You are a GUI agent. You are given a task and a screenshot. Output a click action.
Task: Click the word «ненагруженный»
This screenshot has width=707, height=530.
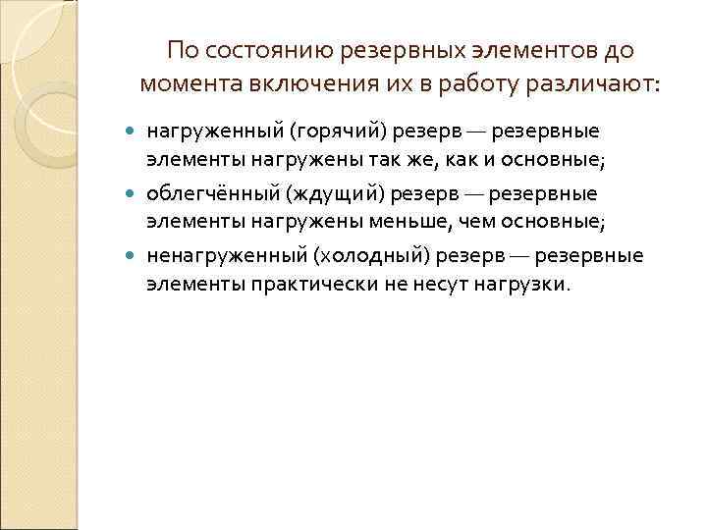click(x=227, y=256)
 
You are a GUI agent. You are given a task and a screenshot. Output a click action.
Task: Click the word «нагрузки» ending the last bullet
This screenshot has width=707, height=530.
click(x=522, y=285)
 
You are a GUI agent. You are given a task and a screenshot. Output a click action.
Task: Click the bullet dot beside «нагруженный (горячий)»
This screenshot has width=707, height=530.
click(x=134, y=131)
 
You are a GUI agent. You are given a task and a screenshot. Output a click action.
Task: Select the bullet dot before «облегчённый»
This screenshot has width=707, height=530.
click(x=134, y=193)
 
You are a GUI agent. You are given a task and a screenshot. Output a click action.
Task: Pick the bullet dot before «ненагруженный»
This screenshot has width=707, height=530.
click(x=134, y=257)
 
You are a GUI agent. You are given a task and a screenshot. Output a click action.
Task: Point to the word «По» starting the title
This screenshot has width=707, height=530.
click(x=181, y=50)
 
